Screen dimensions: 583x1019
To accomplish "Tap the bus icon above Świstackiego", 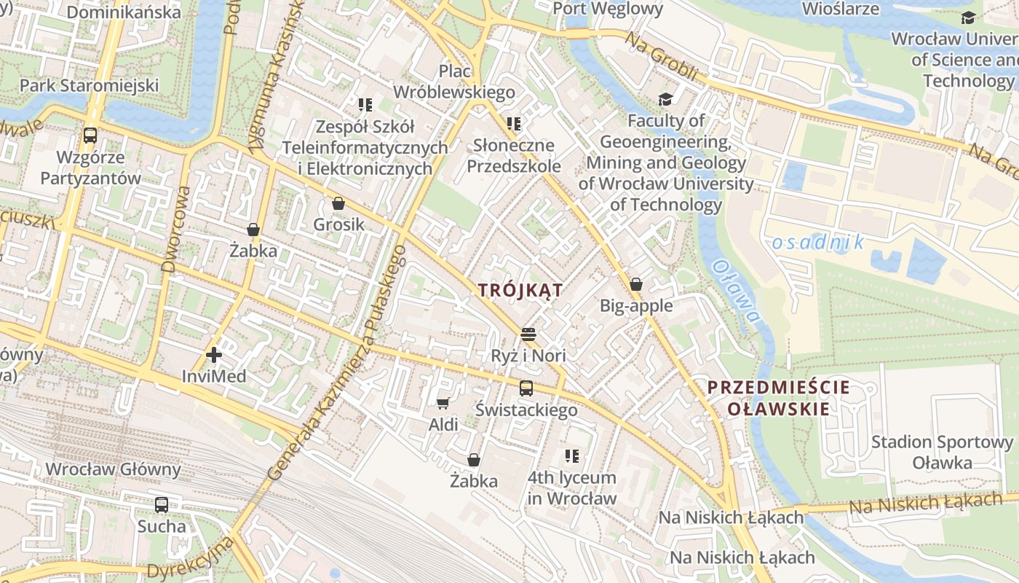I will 526,388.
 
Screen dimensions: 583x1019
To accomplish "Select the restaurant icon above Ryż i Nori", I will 528,334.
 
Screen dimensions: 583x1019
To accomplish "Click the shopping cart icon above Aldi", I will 443,403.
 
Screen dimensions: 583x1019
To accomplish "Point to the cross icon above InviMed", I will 214,355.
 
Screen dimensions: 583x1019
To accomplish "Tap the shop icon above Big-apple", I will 635,284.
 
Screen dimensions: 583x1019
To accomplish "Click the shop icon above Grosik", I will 338,203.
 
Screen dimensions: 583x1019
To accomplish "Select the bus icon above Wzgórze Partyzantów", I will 90,136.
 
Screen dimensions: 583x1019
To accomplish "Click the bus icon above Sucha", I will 161,504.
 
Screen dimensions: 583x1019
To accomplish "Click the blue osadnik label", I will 817,242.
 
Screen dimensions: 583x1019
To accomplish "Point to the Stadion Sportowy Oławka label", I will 942,452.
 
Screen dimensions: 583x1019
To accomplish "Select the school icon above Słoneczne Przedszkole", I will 514,124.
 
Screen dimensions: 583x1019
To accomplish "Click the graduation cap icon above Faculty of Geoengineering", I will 665,99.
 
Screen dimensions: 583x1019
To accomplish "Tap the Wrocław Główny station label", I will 113,469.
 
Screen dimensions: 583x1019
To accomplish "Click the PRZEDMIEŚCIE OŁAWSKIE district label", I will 778,398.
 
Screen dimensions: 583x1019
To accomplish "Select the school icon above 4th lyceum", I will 572,457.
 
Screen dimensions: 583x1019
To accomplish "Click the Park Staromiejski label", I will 89,85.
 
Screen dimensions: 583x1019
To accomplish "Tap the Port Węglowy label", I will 608,9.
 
